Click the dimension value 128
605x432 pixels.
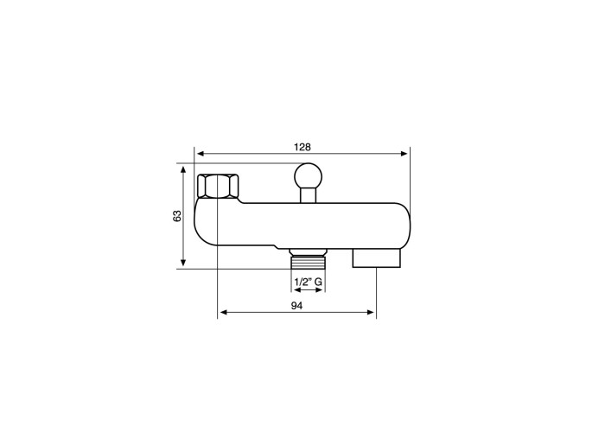tap(302, 147)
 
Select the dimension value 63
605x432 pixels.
tap(177, 216)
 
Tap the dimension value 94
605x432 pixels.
tap(296, 306)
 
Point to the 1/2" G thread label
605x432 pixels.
tap(308, 282)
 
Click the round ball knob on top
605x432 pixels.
tap(308, 176)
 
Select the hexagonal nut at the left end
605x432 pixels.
tap(218, 187)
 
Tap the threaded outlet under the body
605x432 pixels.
tap(308, 263)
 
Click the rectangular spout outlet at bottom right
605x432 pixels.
tap(377, 258)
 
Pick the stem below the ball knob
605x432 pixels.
tap(308, 195)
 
